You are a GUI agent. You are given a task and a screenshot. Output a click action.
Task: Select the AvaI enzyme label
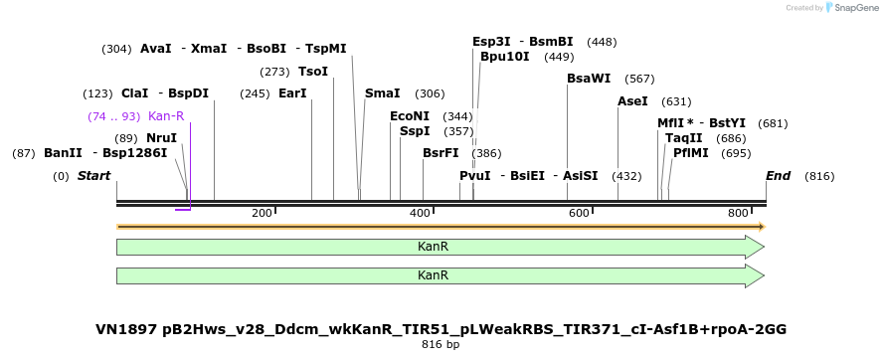[156, 49]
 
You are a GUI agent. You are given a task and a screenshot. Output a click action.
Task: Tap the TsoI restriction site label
[313, 72]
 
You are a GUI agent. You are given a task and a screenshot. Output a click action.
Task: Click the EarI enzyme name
[292, 93]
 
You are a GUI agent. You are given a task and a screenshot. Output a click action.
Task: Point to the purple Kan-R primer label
[166, 116]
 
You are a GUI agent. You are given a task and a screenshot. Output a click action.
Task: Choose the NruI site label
[161, 138]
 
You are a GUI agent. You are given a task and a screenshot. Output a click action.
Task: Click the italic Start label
[94, 176]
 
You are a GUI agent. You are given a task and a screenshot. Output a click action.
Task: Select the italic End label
[778, 176]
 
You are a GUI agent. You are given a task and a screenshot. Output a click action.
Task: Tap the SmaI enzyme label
[382, 93]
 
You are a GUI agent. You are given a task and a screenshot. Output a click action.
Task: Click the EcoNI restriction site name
[410, 116]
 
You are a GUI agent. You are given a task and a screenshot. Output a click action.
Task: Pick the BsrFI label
[441, 153]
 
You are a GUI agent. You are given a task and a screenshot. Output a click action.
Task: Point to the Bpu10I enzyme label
[505, 57]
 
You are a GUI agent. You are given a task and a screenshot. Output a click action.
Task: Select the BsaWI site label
[589, 79]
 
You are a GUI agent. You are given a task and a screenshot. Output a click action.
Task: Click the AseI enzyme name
[632, 101]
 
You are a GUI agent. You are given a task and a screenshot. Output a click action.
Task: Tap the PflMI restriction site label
[691, 153]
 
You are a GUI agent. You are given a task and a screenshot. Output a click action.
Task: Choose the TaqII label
[684, 138]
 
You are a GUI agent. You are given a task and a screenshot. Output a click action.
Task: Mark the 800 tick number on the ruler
[738, 214]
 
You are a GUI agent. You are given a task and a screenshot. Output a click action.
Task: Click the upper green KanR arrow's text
[433, 246]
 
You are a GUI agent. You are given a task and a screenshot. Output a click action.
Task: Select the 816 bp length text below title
[441, 345]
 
